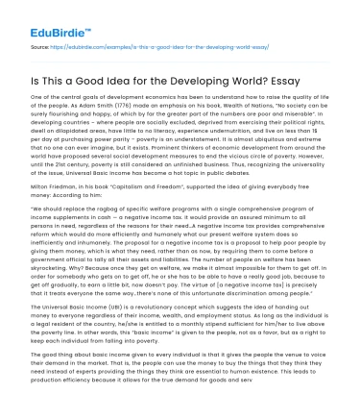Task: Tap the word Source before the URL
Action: (40, 44)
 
